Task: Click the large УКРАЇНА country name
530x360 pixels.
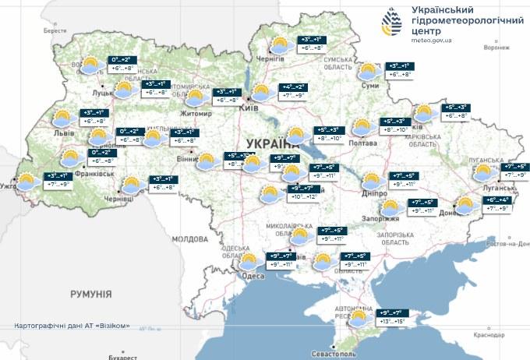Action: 272,143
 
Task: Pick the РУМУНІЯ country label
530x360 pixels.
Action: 90,295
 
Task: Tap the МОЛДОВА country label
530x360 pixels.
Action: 188,238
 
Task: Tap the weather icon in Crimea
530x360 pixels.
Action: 359,319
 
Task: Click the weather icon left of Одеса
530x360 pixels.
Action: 249,261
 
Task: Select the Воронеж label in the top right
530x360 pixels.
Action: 496,46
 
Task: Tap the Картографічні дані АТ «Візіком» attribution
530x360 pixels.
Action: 72,326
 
